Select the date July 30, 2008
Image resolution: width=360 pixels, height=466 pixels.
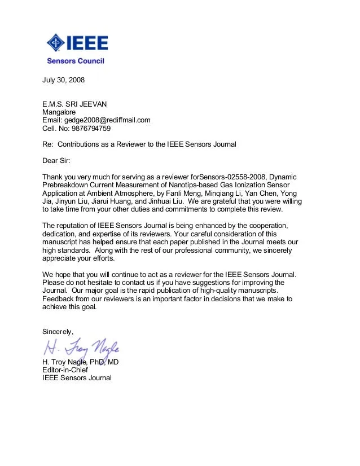tap(63, 80)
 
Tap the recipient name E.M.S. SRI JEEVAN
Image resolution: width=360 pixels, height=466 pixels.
tap(74, 104)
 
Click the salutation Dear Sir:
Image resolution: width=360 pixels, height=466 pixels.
tap(56, 161)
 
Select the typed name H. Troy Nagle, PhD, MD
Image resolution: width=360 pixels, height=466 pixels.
tap(80, 362)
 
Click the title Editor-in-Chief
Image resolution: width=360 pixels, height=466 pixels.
tap(65, 370)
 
